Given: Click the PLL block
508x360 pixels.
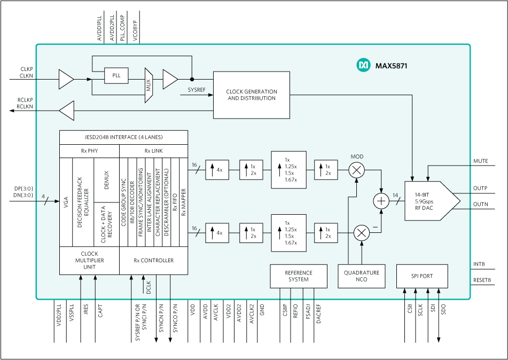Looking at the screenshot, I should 116,76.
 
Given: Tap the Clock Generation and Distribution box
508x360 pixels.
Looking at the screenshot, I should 251,95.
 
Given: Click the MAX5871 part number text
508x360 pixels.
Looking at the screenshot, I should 392,66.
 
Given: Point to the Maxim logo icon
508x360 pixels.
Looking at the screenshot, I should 363,65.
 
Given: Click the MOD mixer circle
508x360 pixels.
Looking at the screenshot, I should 356,170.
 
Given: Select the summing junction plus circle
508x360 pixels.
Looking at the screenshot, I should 380,201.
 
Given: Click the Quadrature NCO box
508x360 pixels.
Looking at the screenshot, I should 362,276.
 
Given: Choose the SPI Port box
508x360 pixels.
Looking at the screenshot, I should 422,276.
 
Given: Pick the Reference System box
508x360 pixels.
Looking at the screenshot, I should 298,276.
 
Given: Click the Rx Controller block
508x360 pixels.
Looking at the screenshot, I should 153,261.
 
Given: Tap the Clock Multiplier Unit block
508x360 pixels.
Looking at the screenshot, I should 89,261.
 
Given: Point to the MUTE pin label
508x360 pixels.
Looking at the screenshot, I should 480,161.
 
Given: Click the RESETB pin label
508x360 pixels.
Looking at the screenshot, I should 482,280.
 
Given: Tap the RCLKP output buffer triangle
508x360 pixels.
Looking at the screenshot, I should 67,111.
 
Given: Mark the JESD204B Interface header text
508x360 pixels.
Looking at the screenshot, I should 123,137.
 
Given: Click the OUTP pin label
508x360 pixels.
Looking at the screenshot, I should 480,188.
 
